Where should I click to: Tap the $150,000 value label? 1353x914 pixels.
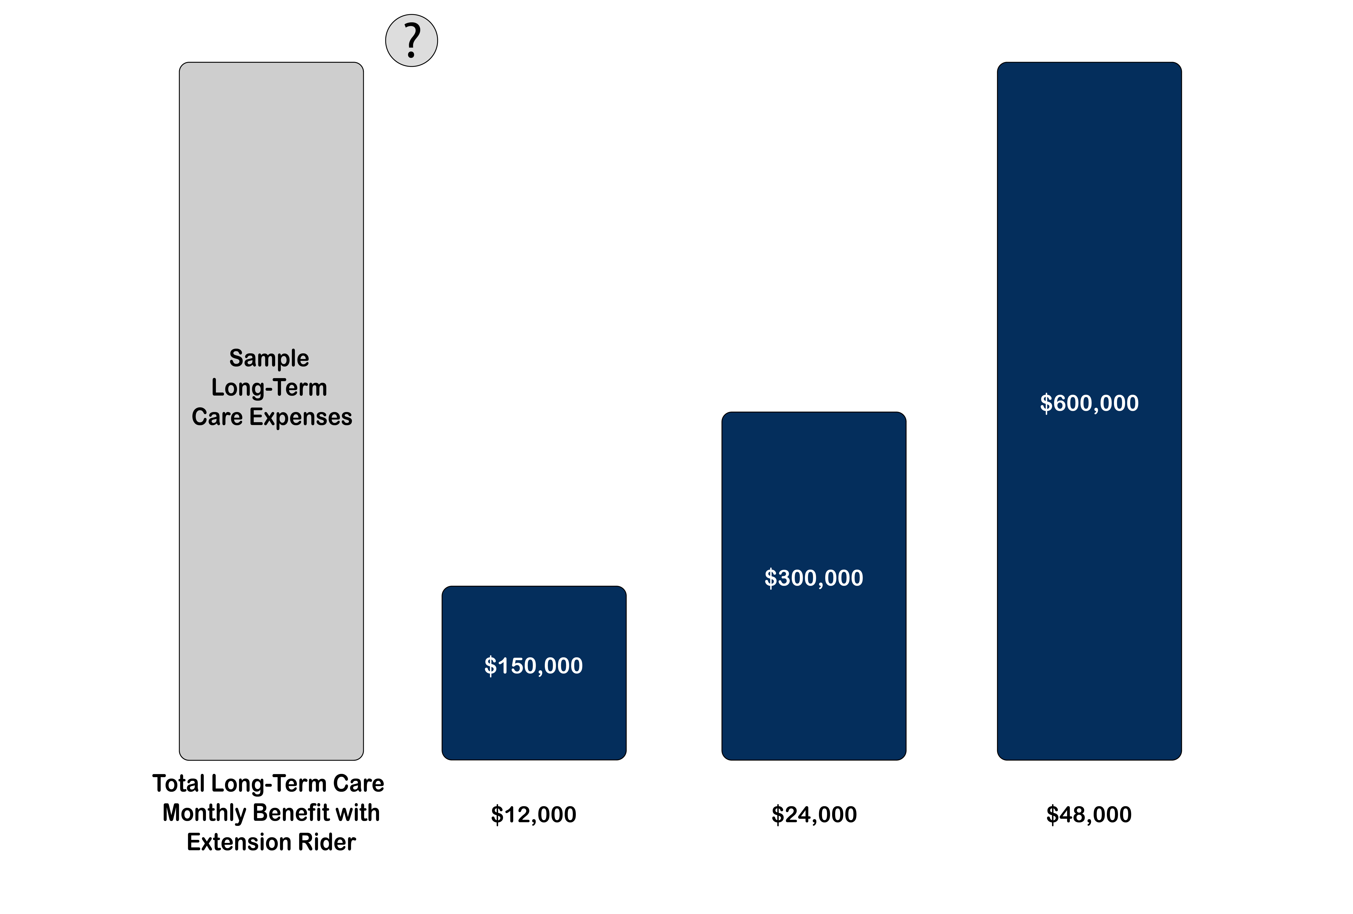(x=533, y=665)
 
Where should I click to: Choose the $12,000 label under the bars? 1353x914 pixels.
(x=533, y=814)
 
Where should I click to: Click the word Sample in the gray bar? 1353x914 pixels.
(x=269, y=358)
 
